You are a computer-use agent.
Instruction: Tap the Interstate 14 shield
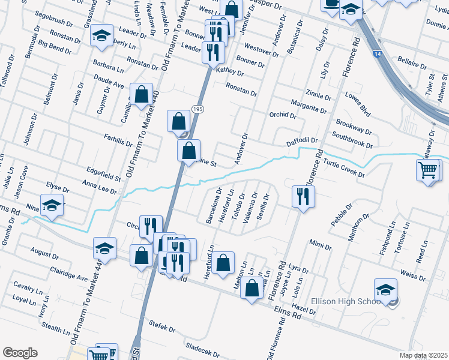click(376, 53)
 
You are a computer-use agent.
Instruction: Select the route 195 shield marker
click(197, 107)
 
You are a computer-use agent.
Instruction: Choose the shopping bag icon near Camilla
click(141, 94)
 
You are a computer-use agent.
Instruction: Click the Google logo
click(20, 353)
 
